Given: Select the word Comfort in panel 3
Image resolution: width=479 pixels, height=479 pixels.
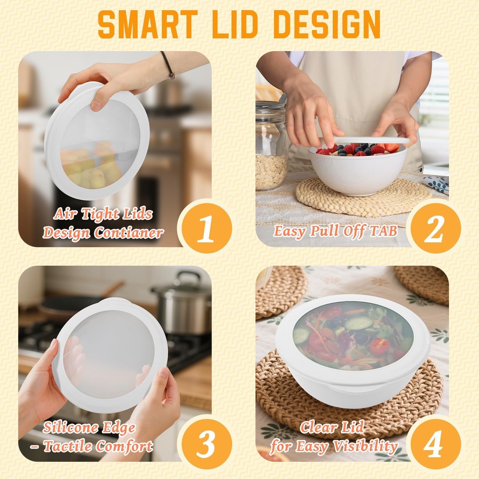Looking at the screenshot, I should [125, 446].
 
